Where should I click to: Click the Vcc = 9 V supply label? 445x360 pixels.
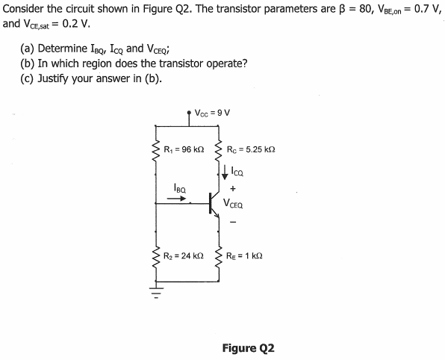tap(211, 114)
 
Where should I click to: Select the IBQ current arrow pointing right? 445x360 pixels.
tap(176, 199)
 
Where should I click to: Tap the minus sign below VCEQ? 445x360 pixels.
tap(232, 220)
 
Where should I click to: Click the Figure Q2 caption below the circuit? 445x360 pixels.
tap(249, 348)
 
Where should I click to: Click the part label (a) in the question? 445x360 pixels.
tap(28, 49)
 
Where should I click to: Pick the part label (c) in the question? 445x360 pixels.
tap(27, 78)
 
